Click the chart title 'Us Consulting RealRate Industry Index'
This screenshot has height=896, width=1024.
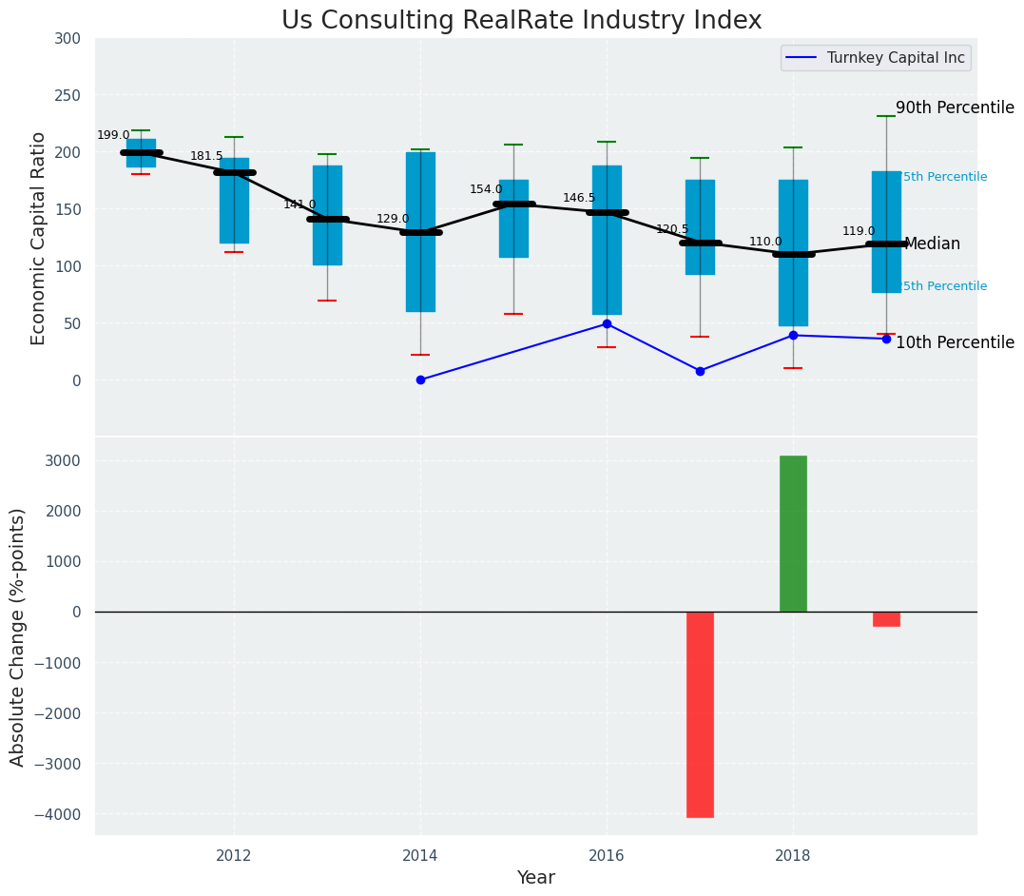pos(521,21)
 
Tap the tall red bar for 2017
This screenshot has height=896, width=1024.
pos(700,713)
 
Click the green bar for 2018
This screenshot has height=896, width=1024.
pos(793,534)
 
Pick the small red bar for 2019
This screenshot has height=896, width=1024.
pos(886,619)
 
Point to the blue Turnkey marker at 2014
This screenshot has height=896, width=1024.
pos(420,380)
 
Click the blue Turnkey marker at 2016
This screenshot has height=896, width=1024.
pos(607,324)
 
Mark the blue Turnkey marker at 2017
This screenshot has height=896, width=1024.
pos(700,371)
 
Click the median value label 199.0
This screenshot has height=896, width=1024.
pos(113,136)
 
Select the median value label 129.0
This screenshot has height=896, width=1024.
pos(393,219)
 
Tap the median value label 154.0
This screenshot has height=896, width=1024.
pos(486,190)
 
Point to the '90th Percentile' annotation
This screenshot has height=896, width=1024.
pos(955,108)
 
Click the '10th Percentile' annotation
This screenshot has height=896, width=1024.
pos(955,343)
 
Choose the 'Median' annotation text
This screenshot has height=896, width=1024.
pos(932,244)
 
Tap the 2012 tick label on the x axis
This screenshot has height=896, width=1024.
pos(234,855)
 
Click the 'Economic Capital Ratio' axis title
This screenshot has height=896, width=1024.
pos(39,238)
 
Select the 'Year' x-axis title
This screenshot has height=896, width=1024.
pos(535,878)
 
